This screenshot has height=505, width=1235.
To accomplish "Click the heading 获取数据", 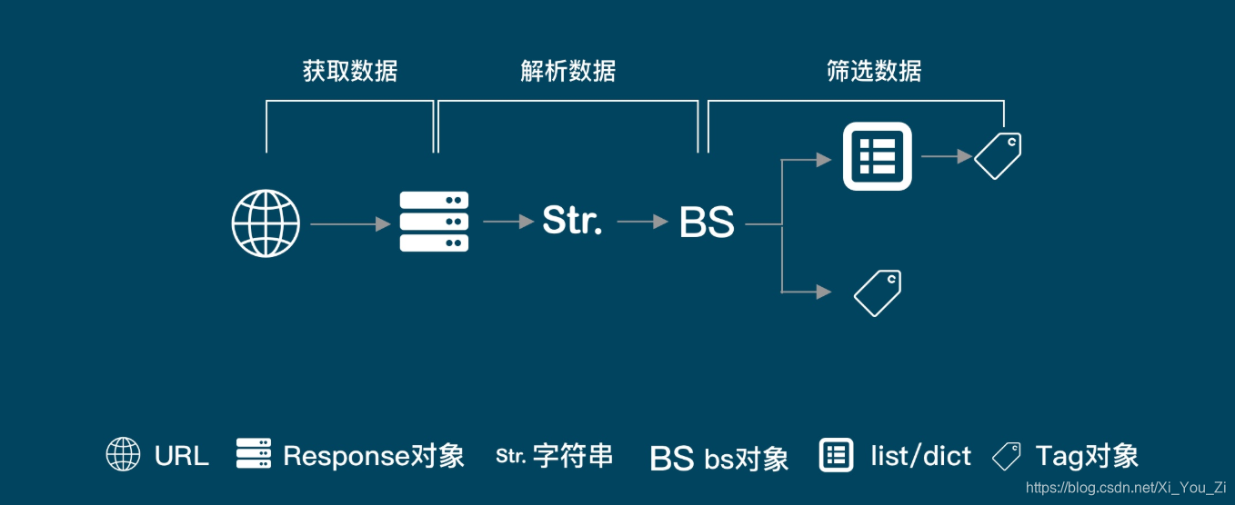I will pyautogui.click(x=350, y=72).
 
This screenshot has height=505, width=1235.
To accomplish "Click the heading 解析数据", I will pyautogui.click(x=568, y=72).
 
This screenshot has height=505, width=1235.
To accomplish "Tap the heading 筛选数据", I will pyautogui.click(x=874, y=72).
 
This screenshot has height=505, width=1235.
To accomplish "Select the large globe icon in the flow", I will pyautogui.click(x=266, y=223).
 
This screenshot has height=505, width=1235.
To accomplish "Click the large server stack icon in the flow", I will pyautogui.click(x=434, y=222).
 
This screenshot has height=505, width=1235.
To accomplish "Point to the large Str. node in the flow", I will pyautogui.click(x=572, y=220).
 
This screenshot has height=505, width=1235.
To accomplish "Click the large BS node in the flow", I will pyautogui.click(x=707, y=223).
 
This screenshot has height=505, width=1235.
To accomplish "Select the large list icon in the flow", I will pyautogui.click(x=878, y=156).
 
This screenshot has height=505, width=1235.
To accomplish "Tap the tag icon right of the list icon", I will pyautogui.click(x=998, y=155).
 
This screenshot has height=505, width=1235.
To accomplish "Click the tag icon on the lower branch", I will pyautogui.click(x=878, y=293).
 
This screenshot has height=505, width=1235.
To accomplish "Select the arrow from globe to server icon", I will pyautogui.click(x=351, y=223).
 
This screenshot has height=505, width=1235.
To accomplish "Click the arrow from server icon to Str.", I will pyautogui.click(x=508, y=221).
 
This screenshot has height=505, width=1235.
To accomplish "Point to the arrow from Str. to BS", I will pyautogui.click(x=642, y=221).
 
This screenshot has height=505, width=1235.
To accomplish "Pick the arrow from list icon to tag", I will pyautogui.click(x=947, y=156).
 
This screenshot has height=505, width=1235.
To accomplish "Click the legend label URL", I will pyautogui.click(x=181, y=455).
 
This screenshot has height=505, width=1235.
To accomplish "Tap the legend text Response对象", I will pyautogui.click(x=373, y=455).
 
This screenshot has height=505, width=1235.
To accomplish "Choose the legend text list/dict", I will pyautogui.click(x=920, y=455).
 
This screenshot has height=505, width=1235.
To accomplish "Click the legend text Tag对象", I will pyautogui.click(x=1086, y=455).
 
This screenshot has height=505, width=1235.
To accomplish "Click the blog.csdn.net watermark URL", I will pyautogui.click(x=1126, y=489).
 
